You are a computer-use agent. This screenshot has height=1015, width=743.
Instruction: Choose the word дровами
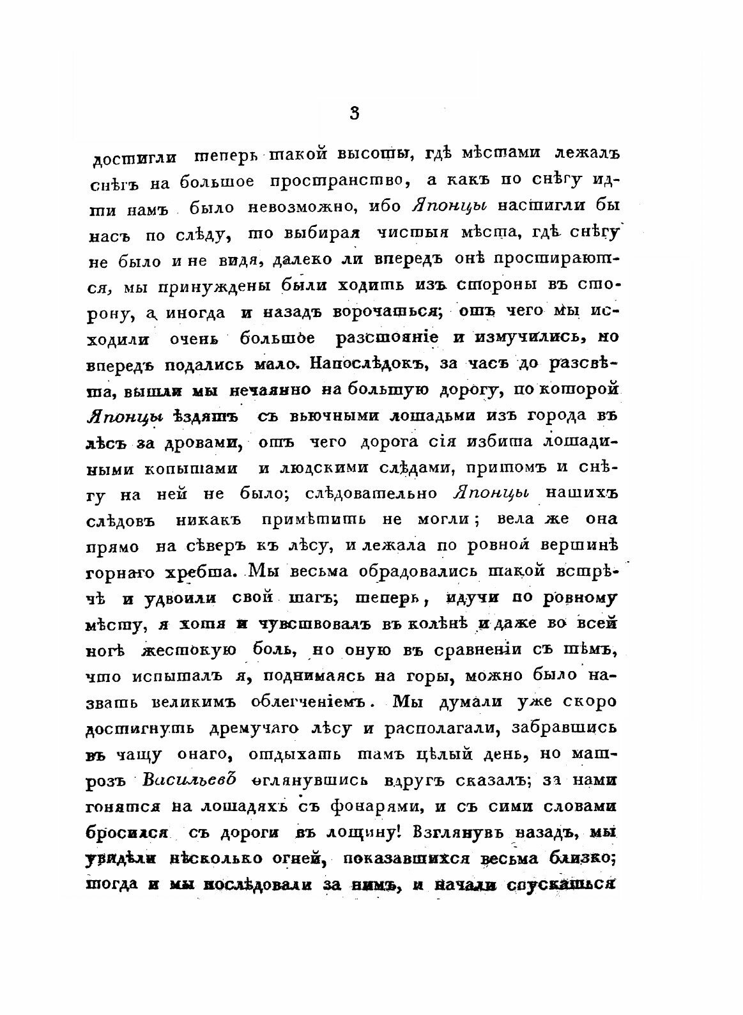[207, 442]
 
